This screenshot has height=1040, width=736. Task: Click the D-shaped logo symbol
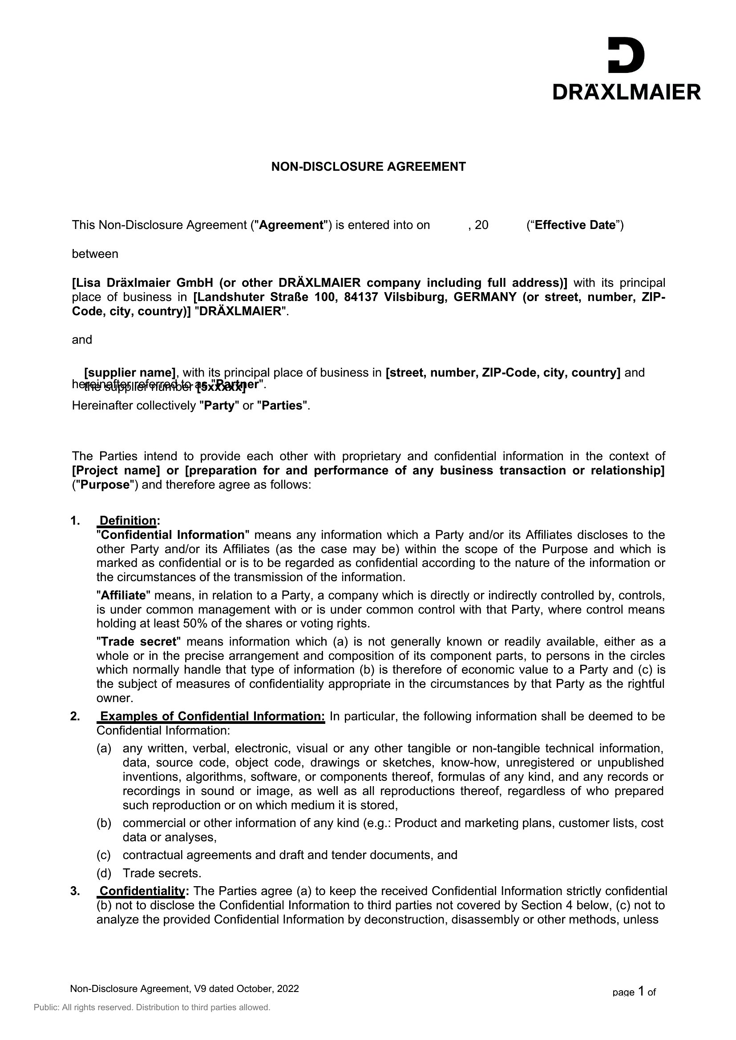click(626, 55)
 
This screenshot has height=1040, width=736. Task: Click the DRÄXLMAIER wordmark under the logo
click(627, 92)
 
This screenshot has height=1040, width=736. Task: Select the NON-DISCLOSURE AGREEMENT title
click(368, 167)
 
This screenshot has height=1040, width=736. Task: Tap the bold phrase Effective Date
click(574, 225)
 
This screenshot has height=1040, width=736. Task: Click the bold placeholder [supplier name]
click(129, 372)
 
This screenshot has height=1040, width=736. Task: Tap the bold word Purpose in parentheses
click(105, 485)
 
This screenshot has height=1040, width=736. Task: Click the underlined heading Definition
click(128, 521)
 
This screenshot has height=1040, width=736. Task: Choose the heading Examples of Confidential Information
click(212, 716)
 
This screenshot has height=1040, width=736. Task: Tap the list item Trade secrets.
click(162, 873)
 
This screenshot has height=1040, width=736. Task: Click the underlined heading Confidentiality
click(142, 891)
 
